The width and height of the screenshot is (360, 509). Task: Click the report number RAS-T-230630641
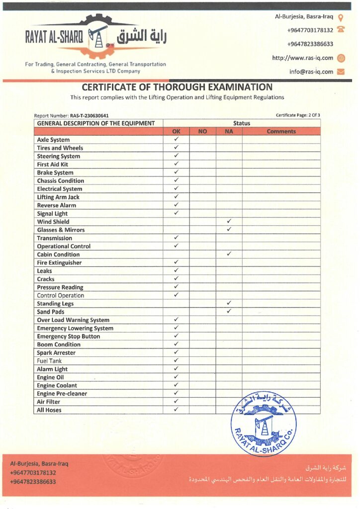(90, 116)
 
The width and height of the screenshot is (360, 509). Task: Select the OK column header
(176, 132)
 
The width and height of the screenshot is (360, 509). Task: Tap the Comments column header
(281, 132)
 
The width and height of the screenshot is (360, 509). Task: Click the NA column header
(229, 132)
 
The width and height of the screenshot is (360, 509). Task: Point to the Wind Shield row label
(53, 222)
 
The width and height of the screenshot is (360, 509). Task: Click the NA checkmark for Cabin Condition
(229, 254)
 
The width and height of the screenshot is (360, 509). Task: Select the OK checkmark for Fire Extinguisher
(176, 262)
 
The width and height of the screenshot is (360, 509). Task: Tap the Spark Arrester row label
(56, 353)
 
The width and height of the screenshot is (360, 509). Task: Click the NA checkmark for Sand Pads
(229, 311)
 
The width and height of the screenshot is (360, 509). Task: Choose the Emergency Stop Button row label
(68, 337)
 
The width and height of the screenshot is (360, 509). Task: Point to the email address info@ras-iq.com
(311, 72)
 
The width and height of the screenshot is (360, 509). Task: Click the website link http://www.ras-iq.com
(302, 58)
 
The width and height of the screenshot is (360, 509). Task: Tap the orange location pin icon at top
(341, 17)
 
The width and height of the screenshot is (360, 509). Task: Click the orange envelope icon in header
(341, 72)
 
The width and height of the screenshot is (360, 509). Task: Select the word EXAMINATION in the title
(239, 87)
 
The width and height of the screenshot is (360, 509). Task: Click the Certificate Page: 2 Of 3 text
(298, 115)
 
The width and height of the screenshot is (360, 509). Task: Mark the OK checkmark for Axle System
(176, 140)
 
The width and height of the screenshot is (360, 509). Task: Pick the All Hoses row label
(49, 410)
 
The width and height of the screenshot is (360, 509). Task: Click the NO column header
(202, 132)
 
